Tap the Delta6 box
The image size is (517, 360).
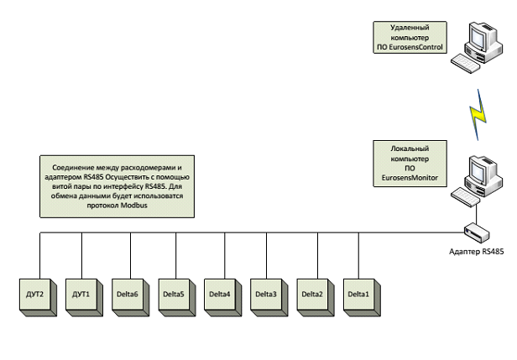coord(129,293)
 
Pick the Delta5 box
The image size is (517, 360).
coord(174,293)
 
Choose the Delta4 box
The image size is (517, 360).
coord(220,293)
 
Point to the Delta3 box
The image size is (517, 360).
coord(266,293)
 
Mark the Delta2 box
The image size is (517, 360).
coord(312,293)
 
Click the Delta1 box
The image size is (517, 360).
coord(358,293)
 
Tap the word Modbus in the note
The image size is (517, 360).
coord(130,203)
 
